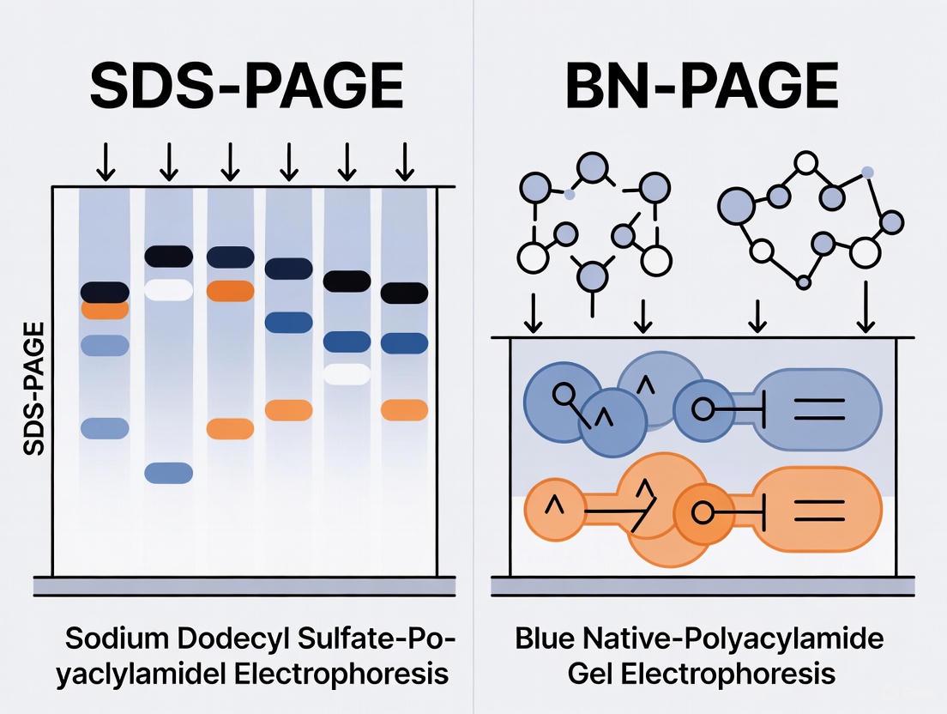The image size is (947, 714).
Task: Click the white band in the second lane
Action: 168,289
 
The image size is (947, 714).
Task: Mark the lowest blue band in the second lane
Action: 168,472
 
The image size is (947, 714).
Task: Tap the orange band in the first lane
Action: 105,310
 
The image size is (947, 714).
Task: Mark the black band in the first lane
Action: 105,292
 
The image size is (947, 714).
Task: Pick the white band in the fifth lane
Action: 347,374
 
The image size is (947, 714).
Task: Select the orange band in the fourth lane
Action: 288,410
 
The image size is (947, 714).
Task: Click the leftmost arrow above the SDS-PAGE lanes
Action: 105,162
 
